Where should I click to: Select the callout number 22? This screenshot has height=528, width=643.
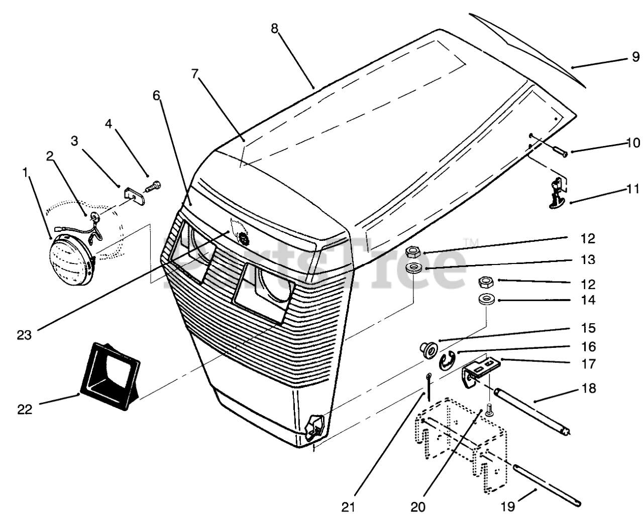pyautogui.click(x=24, y=409)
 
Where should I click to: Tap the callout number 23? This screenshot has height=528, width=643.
pyautogui.click(x=24, y=335)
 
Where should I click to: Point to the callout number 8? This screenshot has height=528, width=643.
pyautogui.click(x=274, y=29)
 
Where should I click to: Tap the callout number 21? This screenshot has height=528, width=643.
pyautogui.click(x=348, y=507)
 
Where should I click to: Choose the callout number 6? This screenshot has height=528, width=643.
pyautogui.click(x=157, y=95)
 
